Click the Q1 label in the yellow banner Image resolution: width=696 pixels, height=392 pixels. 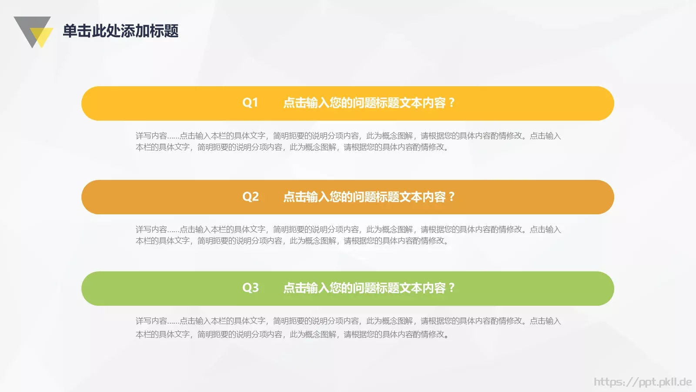tap(250, 103)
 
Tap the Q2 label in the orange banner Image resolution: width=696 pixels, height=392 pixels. tap(250, 197)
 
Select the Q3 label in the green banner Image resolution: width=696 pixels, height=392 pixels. tap(250, 288)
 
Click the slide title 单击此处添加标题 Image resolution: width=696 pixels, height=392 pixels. tap(120, 31)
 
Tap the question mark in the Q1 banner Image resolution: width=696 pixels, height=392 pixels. tap(452, 103)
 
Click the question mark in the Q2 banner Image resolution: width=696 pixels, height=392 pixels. tap(452, 197)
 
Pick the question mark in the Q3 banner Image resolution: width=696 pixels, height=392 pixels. tap(452, 288)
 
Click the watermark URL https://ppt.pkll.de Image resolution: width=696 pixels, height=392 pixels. tap(642, 382)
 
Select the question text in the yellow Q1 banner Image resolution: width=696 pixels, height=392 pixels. tap(365, 103)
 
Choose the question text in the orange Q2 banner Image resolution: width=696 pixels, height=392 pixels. tap(365, 197)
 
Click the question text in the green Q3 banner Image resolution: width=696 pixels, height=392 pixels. tap(365, 288)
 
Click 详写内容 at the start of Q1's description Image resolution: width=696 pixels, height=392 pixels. tap(151, 136)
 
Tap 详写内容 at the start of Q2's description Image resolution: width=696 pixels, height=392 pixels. tap(151, 230)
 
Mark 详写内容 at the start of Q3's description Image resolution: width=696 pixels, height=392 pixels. tap(151, 321)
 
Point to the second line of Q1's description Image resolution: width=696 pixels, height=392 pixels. tap(292, 147)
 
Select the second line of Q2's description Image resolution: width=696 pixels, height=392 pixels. tap(292, 241)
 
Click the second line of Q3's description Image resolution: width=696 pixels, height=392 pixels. tap(292, 335)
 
